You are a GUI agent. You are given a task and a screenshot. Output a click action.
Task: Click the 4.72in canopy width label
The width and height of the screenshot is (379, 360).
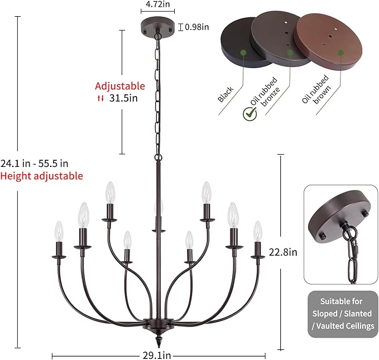click(157, 4)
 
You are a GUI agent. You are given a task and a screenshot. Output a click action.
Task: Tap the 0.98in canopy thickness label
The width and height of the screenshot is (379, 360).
click(196, 27)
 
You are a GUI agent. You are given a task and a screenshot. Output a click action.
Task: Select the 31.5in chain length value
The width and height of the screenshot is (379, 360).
click(123, 98)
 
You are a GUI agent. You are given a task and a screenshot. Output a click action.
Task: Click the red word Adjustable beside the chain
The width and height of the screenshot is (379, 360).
click(120, 86)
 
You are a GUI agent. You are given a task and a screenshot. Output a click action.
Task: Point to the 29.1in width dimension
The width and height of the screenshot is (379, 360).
click(157, 356)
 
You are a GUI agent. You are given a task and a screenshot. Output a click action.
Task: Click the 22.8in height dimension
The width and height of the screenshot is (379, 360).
click(283, 252)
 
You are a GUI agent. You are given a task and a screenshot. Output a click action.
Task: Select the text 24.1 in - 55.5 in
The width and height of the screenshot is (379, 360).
click(34, 164)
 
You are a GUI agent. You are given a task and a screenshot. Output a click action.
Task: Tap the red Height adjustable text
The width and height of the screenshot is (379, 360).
click(41, 176)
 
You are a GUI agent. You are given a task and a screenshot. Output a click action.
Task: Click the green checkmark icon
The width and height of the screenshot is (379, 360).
click(250, 114)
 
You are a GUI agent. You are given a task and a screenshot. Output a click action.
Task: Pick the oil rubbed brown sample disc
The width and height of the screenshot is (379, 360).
click(329, 41)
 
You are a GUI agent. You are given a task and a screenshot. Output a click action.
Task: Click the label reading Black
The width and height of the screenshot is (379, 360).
click(226, 94)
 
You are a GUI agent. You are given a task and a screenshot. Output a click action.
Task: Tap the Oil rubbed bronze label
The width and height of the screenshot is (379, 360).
click(265, 93)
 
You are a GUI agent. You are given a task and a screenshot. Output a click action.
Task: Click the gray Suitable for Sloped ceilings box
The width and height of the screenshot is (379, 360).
click(343, 314)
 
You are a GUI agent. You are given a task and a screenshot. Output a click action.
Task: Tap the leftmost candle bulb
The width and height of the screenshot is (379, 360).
click(59, 232)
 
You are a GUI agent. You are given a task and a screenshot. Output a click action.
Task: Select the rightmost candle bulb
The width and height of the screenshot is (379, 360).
click(258, 231)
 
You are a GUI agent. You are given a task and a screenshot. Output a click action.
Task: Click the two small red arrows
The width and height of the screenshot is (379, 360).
click(100, 98)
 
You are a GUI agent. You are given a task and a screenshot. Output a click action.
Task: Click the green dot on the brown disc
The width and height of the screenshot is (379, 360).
click(340, 52)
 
